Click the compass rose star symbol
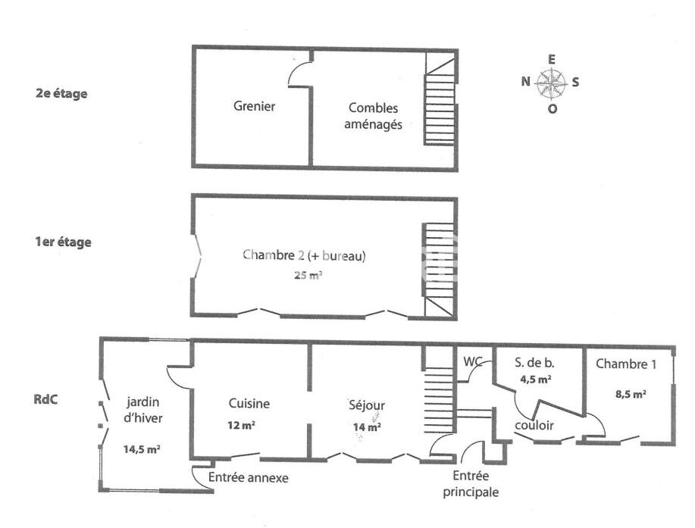coord(553,83)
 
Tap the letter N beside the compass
coord(525,83)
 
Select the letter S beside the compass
coord(576,83)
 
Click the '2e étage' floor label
coord(61,94)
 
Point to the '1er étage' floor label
coord(64,242)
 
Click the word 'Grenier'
coord(254,107)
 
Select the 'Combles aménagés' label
coord(373,116)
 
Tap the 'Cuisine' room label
coord(249,404)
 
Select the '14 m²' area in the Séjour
coord(368,427)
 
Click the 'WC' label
coord(474,362)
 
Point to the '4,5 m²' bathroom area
coord(535,380)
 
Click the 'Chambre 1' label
coord(626,364)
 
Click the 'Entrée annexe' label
coord(248,478)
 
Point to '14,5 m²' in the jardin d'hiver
coord(142,449)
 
